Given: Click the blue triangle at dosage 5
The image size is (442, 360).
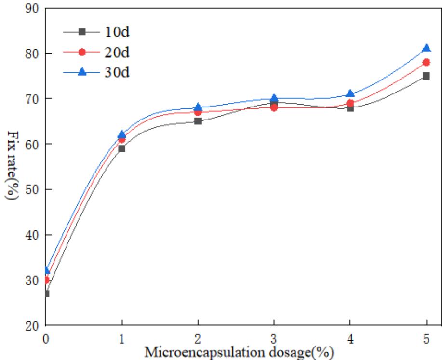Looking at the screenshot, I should tap(426, 48).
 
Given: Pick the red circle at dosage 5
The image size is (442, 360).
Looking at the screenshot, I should tap(426, 62).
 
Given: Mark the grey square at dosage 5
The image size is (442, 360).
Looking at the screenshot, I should tap(426, 76).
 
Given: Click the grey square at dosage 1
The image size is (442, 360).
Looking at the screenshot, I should tap(122, 148).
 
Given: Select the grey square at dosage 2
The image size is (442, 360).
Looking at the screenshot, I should tap(198, 121).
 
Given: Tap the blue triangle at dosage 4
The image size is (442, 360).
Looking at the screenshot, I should tap(350, 93).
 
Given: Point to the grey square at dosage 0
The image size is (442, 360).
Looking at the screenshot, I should tap(46, 293).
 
